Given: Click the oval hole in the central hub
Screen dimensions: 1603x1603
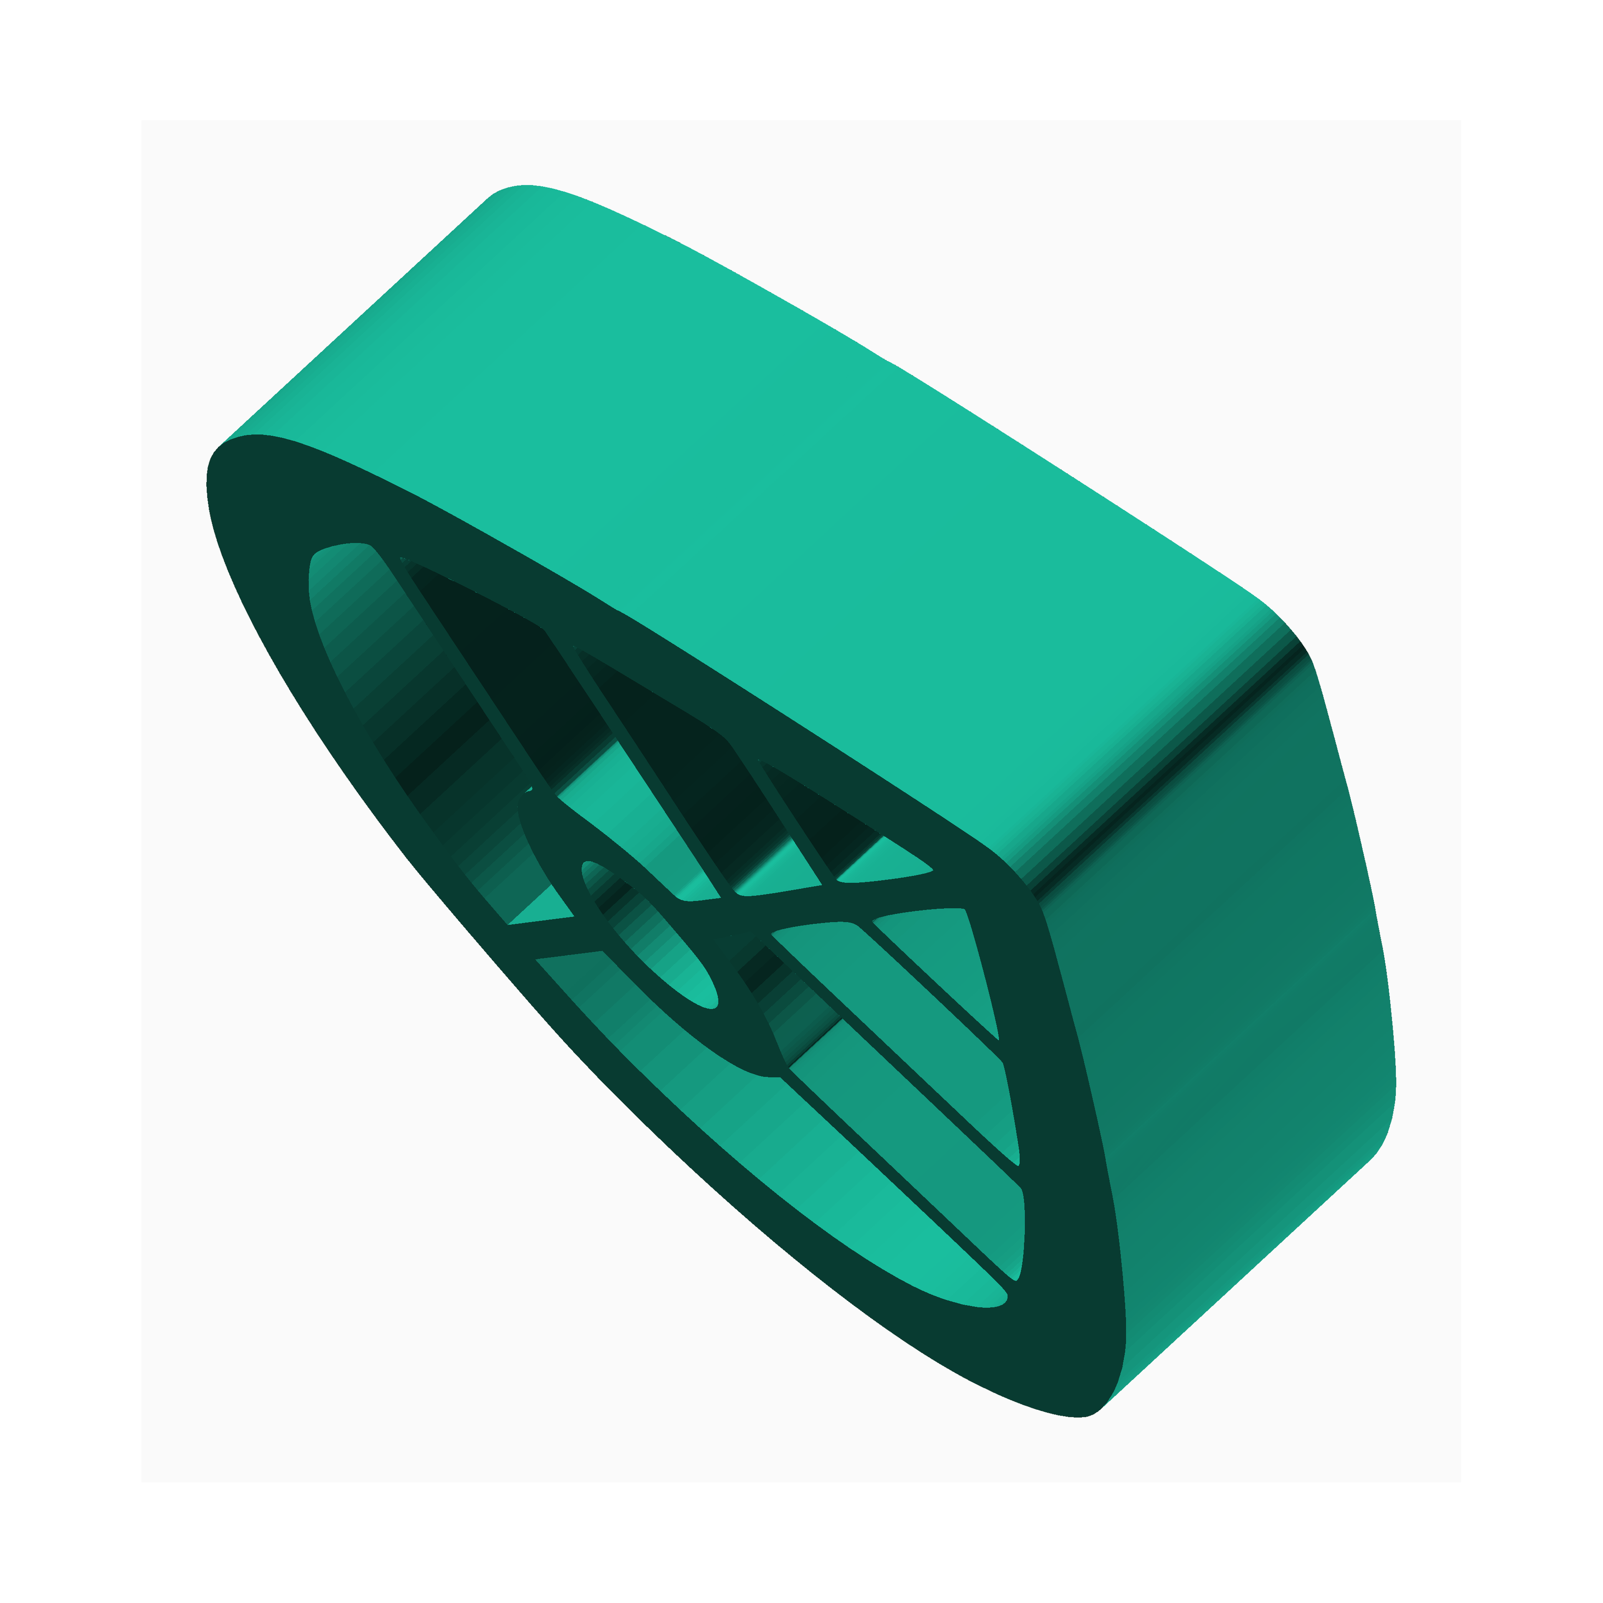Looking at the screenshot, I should pyautogui.click(x=647, y=933).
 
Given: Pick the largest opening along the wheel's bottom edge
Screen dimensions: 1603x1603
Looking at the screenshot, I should pyautogui.click(x=788, y=1162).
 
